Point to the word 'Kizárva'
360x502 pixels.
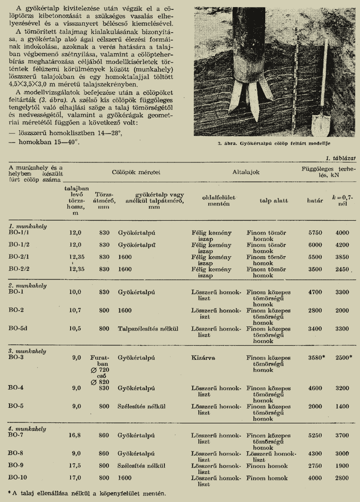click(203, 358)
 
